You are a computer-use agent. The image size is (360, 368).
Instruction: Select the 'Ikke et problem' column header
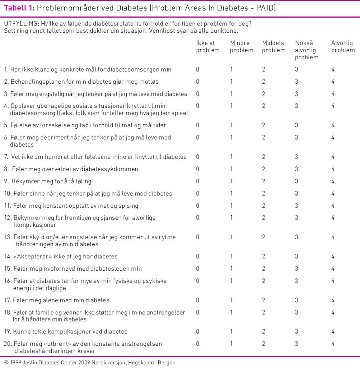point(207,47)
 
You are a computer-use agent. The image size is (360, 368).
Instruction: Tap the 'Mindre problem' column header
point(242,47)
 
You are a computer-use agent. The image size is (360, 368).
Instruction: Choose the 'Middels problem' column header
point(273,47)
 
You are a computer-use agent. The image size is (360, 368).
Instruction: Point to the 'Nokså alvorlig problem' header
point(307,50)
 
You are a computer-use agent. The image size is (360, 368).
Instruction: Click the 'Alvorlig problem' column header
point(343,47)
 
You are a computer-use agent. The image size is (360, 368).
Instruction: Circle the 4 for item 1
point(333,69)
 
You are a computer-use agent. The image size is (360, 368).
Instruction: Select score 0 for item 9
point(197,181)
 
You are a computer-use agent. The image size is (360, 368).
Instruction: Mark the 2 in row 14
point(263,257)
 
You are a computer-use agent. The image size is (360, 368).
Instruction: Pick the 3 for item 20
point(296,344)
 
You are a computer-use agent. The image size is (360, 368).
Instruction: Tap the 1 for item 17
point(232,300)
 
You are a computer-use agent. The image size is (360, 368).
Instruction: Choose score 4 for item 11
point(333,206)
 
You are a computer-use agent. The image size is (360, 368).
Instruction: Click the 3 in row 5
point(296,125)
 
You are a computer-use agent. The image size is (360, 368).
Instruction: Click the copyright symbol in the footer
point(6,362)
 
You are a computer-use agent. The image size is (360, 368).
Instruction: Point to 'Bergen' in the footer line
point(167,362)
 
